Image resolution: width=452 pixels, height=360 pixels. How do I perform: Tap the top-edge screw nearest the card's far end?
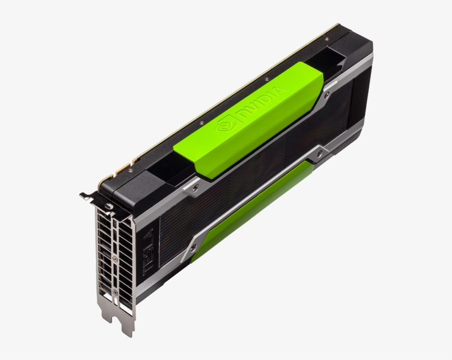point(326,40)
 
